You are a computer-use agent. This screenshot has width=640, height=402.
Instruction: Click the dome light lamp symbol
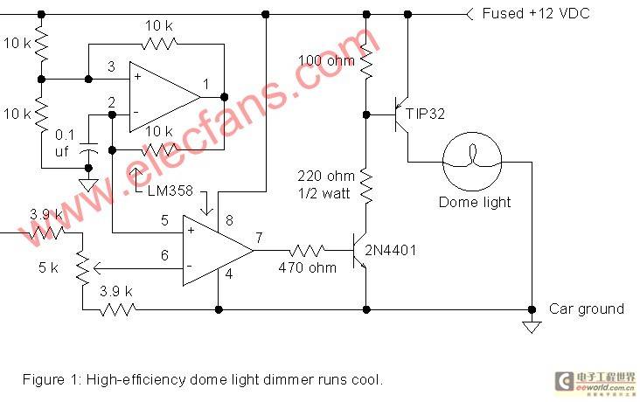[x=472, y=162]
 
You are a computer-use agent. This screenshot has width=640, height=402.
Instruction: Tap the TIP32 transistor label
[x=425, y=114]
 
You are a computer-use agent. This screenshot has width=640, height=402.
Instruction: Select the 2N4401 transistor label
[x=391, y=250]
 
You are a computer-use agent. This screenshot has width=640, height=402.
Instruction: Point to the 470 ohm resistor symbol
[x=307, y=251]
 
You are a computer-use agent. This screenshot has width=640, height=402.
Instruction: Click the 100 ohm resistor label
[x=326, y=61]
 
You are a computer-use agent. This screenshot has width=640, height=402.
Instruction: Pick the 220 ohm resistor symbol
[x=366, y=187]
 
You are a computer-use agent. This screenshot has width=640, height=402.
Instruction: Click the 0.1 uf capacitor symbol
[x=88, y=148]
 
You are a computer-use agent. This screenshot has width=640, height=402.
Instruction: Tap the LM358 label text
[x=170, y=191]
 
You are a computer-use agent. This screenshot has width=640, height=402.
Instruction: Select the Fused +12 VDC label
[x=536, y=13]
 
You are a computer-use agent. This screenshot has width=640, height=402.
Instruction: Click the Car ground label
[x=587, y=308]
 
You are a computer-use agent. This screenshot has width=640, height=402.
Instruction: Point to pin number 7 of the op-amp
[x=259, y=238]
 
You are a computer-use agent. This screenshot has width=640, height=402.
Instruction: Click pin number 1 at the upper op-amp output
[x=206, y=84]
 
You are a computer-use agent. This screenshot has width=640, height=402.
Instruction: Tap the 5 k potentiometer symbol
[x=83, y=268]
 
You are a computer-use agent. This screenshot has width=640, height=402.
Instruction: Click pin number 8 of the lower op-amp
[x=229, y=220]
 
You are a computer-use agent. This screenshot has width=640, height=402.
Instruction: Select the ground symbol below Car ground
[x=532, y=327]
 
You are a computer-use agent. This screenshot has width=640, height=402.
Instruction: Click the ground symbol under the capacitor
[x=88, y=185]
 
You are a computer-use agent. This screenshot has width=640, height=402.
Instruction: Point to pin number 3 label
[x=111, y=66]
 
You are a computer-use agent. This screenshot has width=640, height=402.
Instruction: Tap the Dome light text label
[x=475, y=202]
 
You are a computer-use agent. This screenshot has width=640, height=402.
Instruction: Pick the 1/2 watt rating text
[x=324, y=193]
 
